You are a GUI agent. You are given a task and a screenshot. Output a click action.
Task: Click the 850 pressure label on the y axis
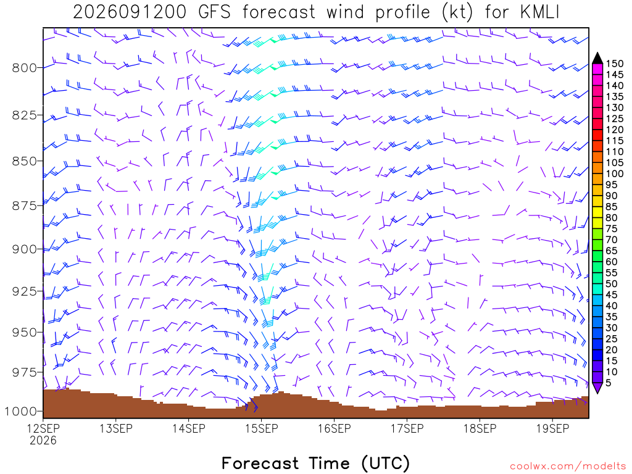[25, 161]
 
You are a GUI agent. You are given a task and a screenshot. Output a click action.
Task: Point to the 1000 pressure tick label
[21, 412]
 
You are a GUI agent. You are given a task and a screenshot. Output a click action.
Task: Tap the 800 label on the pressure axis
[25, 68]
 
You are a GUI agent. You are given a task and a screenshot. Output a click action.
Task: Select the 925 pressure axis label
[25, 291]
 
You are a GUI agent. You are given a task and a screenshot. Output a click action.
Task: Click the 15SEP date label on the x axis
[262, 428]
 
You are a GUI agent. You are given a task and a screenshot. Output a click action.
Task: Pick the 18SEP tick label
[480, 428]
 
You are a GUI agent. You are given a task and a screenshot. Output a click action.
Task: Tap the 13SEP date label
[116, 428]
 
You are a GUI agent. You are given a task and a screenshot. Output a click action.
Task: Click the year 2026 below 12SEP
[43, 441]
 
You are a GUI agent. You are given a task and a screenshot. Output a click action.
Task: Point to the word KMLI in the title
[540, 12]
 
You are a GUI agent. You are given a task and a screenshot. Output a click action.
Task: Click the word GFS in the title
[214, 12]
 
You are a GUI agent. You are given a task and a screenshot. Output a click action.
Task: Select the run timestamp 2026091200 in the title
[130, 12]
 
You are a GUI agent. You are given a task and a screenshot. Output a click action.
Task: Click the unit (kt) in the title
[457, 12]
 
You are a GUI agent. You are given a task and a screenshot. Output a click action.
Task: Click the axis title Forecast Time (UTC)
[315, 463]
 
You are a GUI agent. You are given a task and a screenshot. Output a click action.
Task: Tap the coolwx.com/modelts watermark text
[568, 467]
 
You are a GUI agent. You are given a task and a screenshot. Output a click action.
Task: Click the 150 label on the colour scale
[615, 64]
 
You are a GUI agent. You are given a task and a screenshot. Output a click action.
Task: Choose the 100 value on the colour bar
[615, 173]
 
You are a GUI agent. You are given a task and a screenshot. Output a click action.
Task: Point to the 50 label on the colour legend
[612, 284]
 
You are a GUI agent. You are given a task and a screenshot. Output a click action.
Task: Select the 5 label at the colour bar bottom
[609, 383]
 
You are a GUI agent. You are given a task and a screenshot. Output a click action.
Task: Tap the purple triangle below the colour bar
[597, 388]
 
